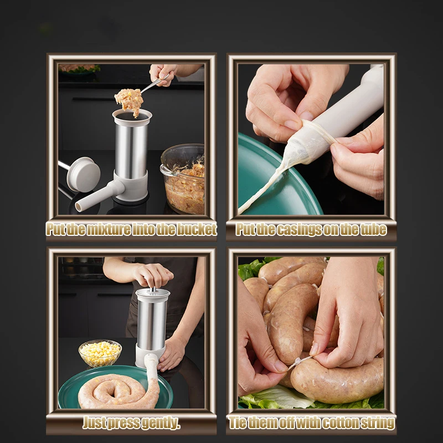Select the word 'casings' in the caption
[x=303, y=230]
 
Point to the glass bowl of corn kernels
[x=100, y=353]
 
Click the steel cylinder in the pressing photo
[x=151, y=321]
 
